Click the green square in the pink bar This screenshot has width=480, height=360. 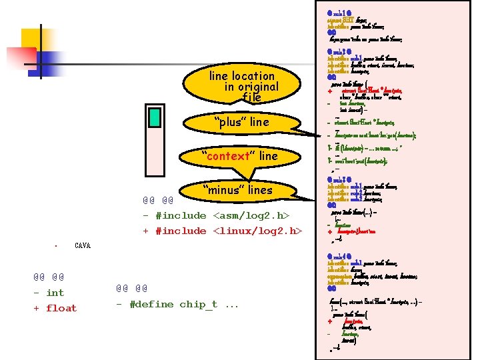point(155,117)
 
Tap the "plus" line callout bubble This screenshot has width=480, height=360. point(241,122)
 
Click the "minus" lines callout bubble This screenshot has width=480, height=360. point(237,190)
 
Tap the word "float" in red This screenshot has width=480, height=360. point(61,308)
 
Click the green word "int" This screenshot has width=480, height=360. point(55,293)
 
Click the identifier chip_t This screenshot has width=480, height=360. point(201,304)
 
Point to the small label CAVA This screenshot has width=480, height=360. point(83,246)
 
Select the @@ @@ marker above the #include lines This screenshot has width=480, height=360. point(157,200)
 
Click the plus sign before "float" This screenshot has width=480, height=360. point(37,308)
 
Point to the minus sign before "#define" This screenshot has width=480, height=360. point(119,304)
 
